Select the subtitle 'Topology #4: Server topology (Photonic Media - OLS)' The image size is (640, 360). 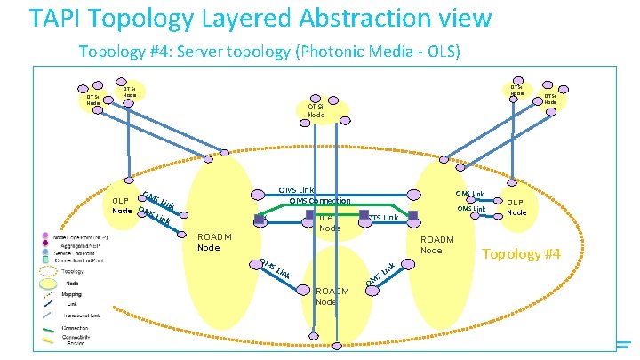(x=269, y=51)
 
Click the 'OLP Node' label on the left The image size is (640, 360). (x=123, y=204)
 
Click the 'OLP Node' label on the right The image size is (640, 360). (x=516, y=207)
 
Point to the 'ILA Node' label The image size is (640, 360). (x=329, y=222)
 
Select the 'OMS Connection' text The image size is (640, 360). (x=320, y=200)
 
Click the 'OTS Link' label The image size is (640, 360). (x=384, y=217)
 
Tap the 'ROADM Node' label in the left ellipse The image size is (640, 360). (x=214, y=242)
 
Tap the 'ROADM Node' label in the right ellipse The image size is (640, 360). (x=436, y=244)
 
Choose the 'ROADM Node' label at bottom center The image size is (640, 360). (x=332, y=296)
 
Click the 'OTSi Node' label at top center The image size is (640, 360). (x=316, y=109)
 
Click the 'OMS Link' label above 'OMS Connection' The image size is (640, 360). (x=296, y=189)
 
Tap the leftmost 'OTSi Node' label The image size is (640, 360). (x=93, y=100)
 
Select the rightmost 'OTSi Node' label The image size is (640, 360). (x=550, y=99)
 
